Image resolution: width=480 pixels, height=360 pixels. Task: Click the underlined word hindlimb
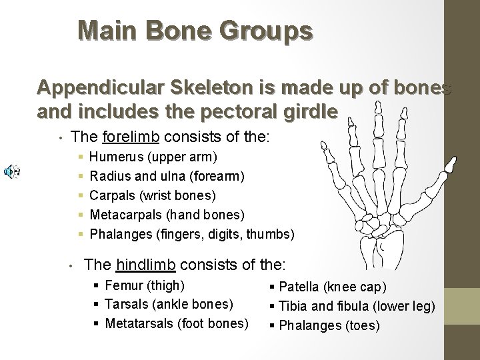pos(145,265)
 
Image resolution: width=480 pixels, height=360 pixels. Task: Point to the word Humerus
pos(114,158)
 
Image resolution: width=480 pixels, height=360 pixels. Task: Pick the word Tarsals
pos(126,305)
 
